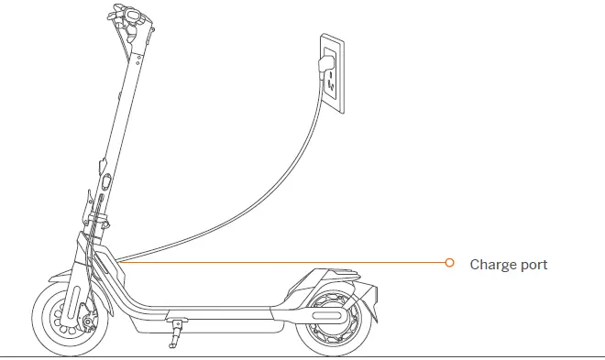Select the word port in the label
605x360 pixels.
pos(533,266)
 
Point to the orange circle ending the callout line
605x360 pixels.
pos(449,263)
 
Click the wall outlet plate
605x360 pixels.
pos(332,73)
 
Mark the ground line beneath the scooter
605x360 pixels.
pos(458,355)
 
